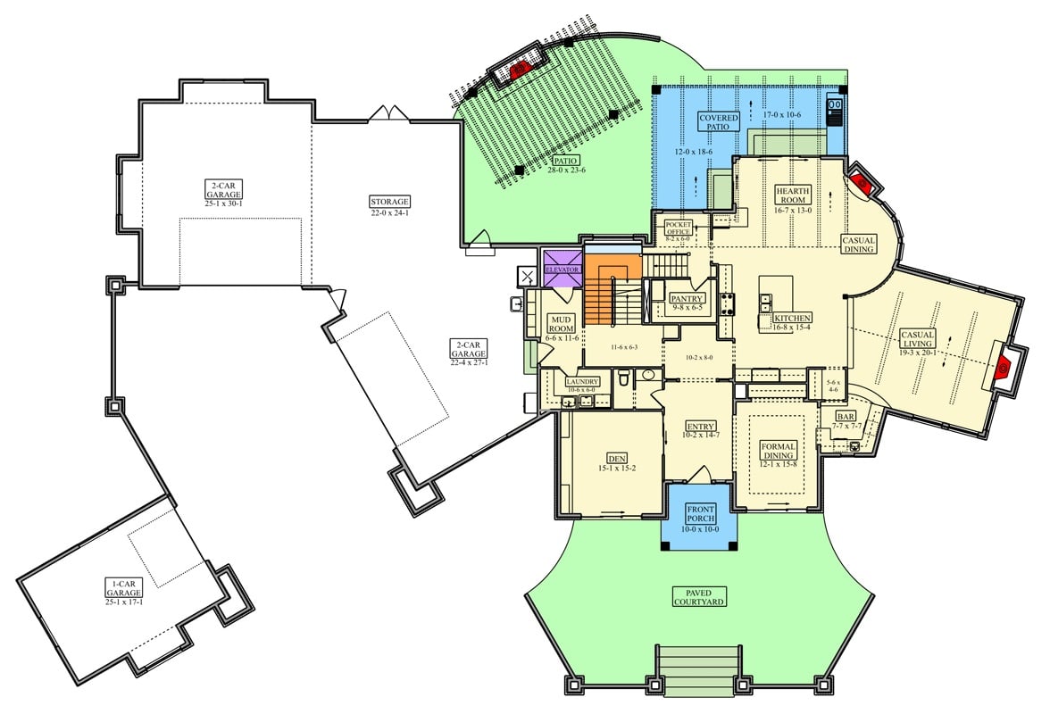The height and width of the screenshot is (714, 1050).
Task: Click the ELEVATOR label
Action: click(562, 269)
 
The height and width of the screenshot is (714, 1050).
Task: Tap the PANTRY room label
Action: click(687, 298)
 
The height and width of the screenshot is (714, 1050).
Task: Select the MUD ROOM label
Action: click(562, 322)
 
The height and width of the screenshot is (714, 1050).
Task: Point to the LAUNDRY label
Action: click(582, 381)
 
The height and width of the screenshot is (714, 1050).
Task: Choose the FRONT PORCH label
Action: click(701, 513)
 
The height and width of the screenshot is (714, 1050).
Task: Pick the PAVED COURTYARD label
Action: click(699, 595)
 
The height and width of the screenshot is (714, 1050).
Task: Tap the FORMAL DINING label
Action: click(778, 450)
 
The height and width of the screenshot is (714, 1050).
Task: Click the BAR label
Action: click(846, 416)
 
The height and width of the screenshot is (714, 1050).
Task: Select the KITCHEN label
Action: click(792, 318)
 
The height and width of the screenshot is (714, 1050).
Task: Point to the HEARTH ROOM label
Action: click(792, 195)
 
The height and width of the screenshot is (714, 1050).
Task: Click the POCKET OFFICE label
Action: click(679, 228)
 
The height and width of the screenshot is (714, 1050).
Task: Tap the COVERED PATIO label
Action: click(719, 121)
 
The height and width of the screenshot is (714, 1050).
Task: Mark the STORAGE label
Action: click(388, 201)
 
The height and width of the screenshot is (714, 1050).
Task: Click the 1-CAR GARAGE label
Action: click(123, 587)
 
